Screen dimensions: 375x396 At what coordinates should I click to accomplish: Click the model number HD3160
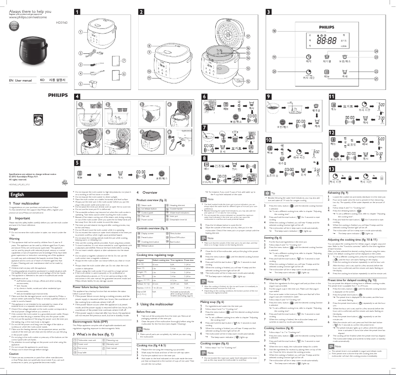[61, 22]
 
